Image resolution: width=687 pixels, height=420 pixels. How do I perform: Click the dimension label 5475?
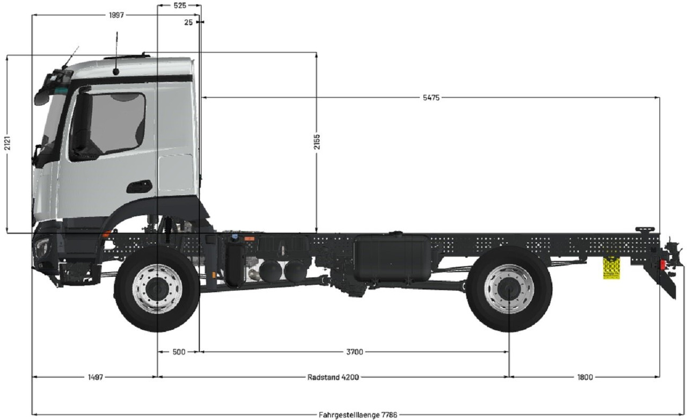pos(431,98)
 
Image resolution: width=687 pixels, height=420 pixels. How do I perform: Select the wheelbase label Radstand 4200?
pos(333,377)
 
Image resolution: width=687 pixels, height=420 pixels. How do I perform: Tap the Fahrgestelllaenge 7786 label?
pos(358,415)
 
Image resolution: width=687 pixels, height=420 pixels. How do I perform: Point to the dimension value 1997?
pos(116,15)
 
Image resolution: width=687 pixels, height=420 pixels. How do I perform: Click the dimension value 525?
pos(180,5)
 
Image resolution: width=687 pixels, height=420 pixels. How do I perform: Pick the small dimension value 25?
pos(188,22)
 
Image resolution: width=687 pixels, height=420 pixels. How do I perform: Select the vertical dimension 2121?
pos(7,144)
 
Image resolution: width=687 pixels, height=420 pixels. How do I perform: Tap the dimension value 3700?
pos(354,352)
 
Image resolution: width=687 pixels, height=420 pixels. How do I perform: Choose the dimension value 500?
pos(179,352)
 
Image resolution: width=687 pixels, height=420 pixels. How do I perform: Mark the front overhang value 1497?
pos(95,377)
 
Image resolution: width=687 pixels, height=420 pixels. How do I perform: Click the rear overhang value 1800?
pos(585,377)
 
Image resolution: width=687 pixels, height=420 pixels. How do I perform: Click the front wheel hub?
pos(157,289)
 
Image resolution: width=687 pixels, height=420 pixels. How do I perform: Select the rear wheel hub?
pos(509,289)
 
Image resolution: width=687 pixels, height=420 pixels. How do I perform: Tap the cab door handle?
pos(139,186)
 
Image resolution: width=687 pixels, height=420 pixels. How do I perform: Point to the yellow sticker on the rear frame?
pos(611,267)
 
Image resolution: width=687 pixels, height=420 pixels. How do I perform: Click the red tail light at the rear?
pos(663,266)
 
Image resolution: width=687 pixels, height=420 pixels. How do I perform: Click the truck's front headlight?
pos(41,248)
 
